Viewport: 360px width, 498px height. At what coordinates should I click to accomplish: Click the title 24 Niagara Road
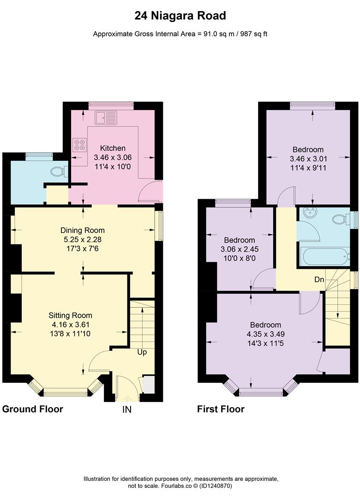(x=180, y=16)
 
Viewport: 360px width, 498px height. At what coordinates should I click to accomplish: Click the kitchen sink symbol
(x=106, y=118)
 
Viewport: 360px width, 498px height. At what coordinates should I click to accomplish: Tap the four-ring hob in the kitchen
(x=78, y=145)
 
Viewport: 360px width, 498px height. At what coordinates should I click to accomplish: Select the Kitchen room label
(x=113, y=148)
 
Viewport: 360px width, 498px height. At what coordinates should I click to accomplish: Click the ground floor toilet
(x=59, y=172)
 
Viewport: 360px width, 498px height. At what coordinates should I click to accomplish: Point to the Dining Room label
(x=83, y=230)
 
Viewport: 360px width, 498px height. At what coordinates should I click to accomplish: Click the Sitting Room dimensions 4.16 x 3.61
(x=71, y=324)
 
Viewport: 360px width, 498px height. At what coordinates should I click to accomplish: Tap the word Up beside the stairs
(x=142, y=352)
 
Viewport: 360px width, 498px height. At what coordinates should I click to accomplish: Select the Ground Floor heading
(x=33, y=409)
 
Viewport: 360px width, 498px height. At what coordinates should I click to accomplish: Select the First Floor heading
(x=221, y=409)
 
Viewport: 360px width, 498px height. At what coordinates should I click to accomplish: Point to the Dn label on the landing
(x=318, y=279)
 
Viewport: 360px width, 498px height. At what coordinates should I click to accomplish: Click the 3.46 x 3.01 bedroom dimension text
(x=308, y=158)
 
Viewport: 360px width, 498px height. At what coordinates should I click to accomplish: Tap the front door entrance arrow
(x=126, y=397)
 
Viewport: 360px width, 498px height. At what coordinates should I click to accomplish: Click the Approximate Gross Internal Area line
(x=180, y=34)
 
